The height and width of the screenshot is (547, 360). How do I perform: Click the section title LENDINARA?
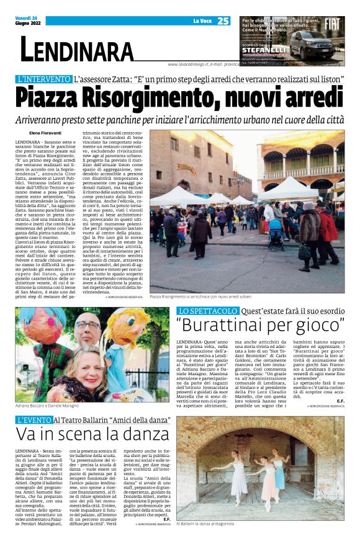[x=77, y=49]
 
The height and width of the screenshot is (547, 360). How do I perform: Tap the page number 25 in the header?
[x=223, y=21]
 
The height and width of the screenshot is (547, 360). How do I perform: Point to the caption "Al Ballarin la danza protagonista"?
[x=210, y=523]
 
